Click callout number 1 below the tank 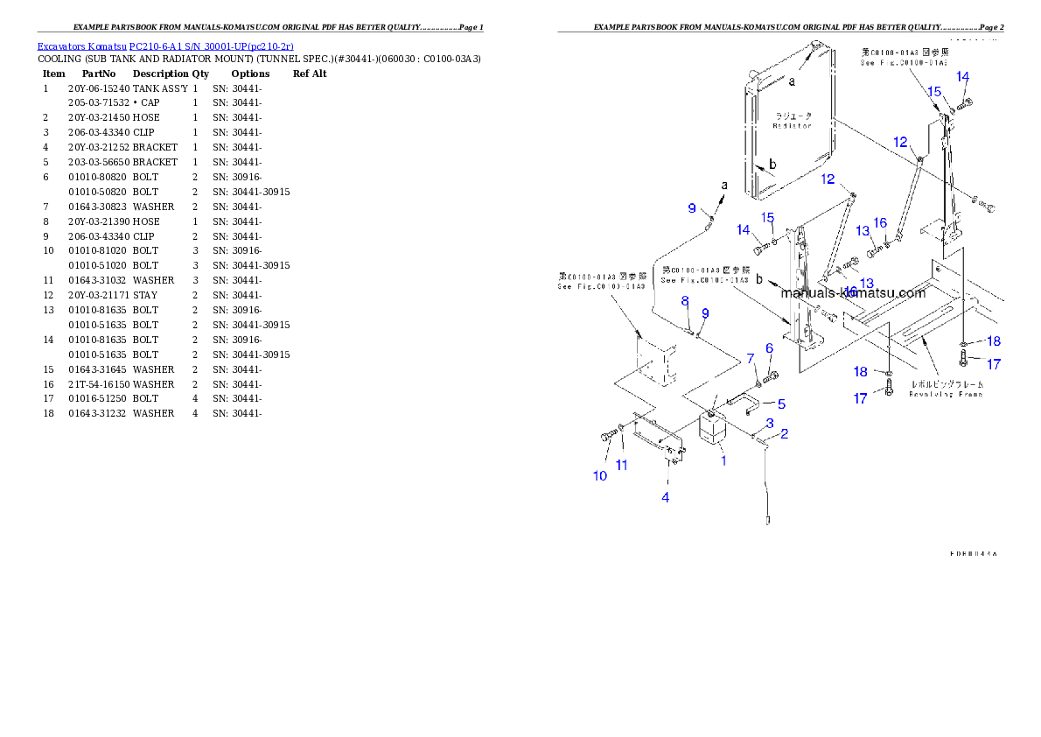723,460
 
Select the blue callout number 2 784,433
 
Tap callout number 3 770,424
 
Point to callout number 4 666,497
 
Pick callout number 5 781,404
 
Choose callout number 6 769,348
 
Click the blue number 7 750,359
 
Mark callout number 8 686,302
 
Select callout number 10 600,476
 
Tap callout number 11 622,466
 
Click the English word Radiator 793,126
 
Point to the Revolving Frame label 947,394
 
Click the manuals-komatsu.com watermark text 853,293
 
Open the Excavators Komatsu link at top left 165,46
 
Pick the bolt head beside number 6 772,377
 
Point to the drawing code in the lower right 973,554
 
